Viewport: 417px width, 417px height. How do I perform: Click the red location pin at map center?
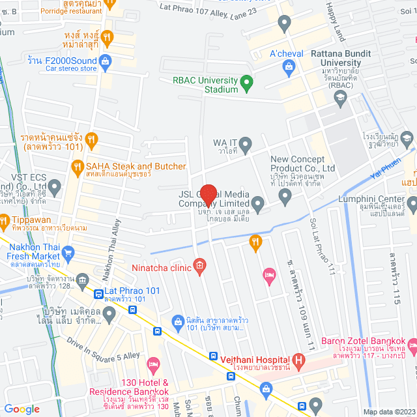(208, 193)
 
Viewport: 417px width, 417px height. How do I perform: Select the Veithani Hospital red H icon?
(298, 360)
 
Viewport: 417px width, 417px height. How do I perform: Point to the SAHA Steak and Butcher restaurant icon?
(78, 166)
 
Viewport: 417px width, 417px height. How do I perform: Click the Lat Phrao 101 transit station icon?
(98, 293)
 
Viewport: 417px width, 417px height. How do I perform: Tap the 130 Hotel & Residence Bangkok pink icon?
(153, 363)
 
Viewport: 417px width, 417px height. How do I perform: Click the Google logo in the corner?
(22, 409)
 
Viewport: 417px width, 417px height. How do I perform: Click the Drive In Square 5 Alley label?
(102, 348)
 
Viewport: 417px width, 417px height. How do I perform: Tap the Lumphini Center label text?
(372, 200)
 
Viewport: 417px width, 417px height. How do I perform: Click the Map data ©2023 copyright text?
(387, 411)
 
